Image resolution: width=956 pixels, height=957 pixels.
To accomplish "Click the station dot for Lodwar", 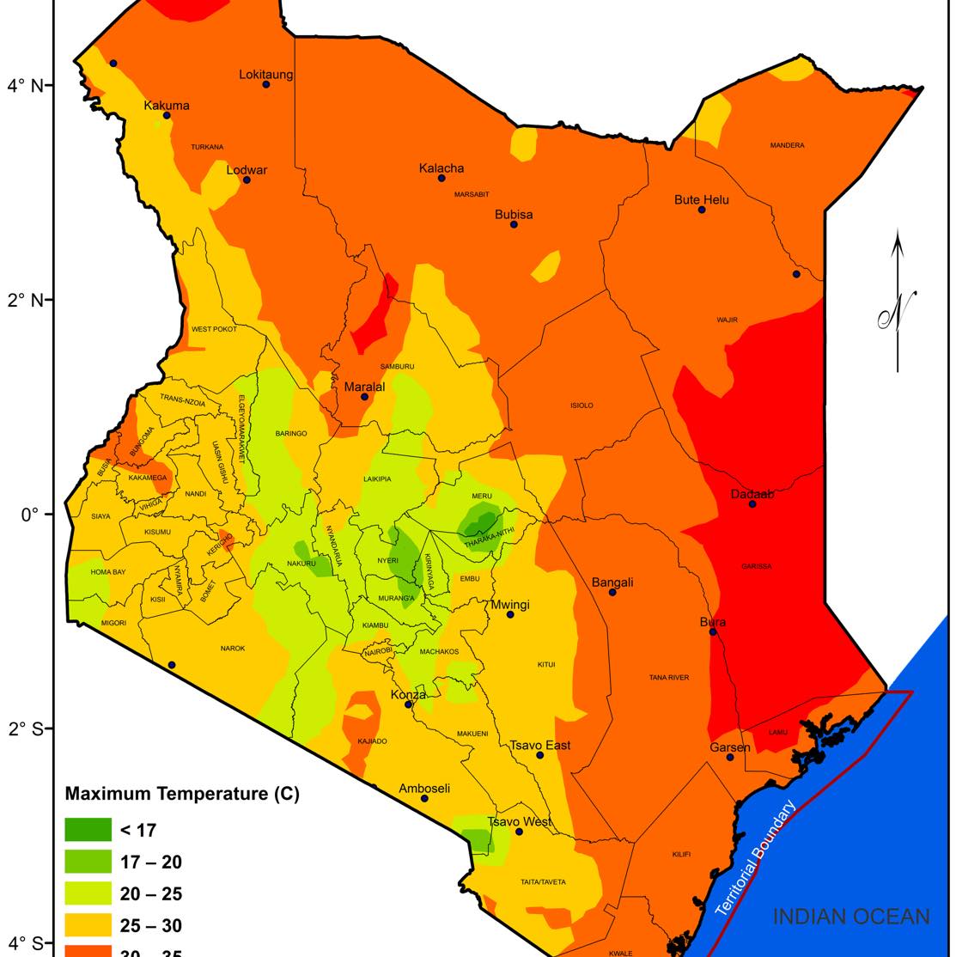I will [x=247, y=180].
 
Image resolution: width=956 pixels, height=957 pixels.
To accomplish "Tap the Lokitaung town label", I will [x=265, y=75].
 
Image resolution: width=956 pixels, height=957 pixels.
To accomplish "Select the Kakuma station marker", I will [x=167, y=115].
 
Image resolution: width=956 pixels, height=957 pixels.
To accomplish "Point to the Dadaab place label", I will [x=752, y=494].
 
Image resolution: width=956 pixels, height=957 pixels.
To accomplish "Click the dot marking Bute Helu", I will [x=702, y=210].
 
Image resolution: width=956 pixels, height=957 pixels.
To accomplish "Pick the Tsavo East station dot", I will [x=540, y=755].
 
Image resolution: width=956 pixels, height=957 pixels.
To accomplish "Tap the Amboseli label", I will [x=424, y=789].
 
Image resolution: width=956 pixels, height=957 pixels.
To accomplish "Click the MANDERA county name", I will [x=787, y=145].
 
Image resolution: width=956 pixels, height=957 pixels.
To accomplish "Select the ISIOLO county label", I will [x=582, y=405].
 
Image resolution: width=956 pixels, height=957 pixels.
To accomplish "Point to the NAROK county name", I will [x=233, y=649].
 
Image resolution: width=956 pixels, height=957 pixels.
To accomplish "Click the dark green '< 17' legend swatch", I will [x=88, y=830].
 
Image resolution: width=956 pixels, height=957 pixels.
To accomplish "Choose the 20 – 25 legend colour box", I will [x=88, y=893].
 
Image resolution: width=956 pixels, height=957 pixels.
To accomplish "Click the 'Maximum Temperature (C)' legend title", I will [x=182, y=794].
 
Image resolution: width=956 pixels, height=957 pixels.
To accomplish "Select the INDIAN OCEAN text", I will [x=850, y=917].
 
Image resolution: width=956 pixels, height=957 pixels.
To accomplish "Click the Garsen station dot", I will [x=730, y=757].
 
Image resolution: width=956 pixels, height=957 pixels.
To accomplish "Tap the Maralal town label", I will [x=364, y=387].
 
